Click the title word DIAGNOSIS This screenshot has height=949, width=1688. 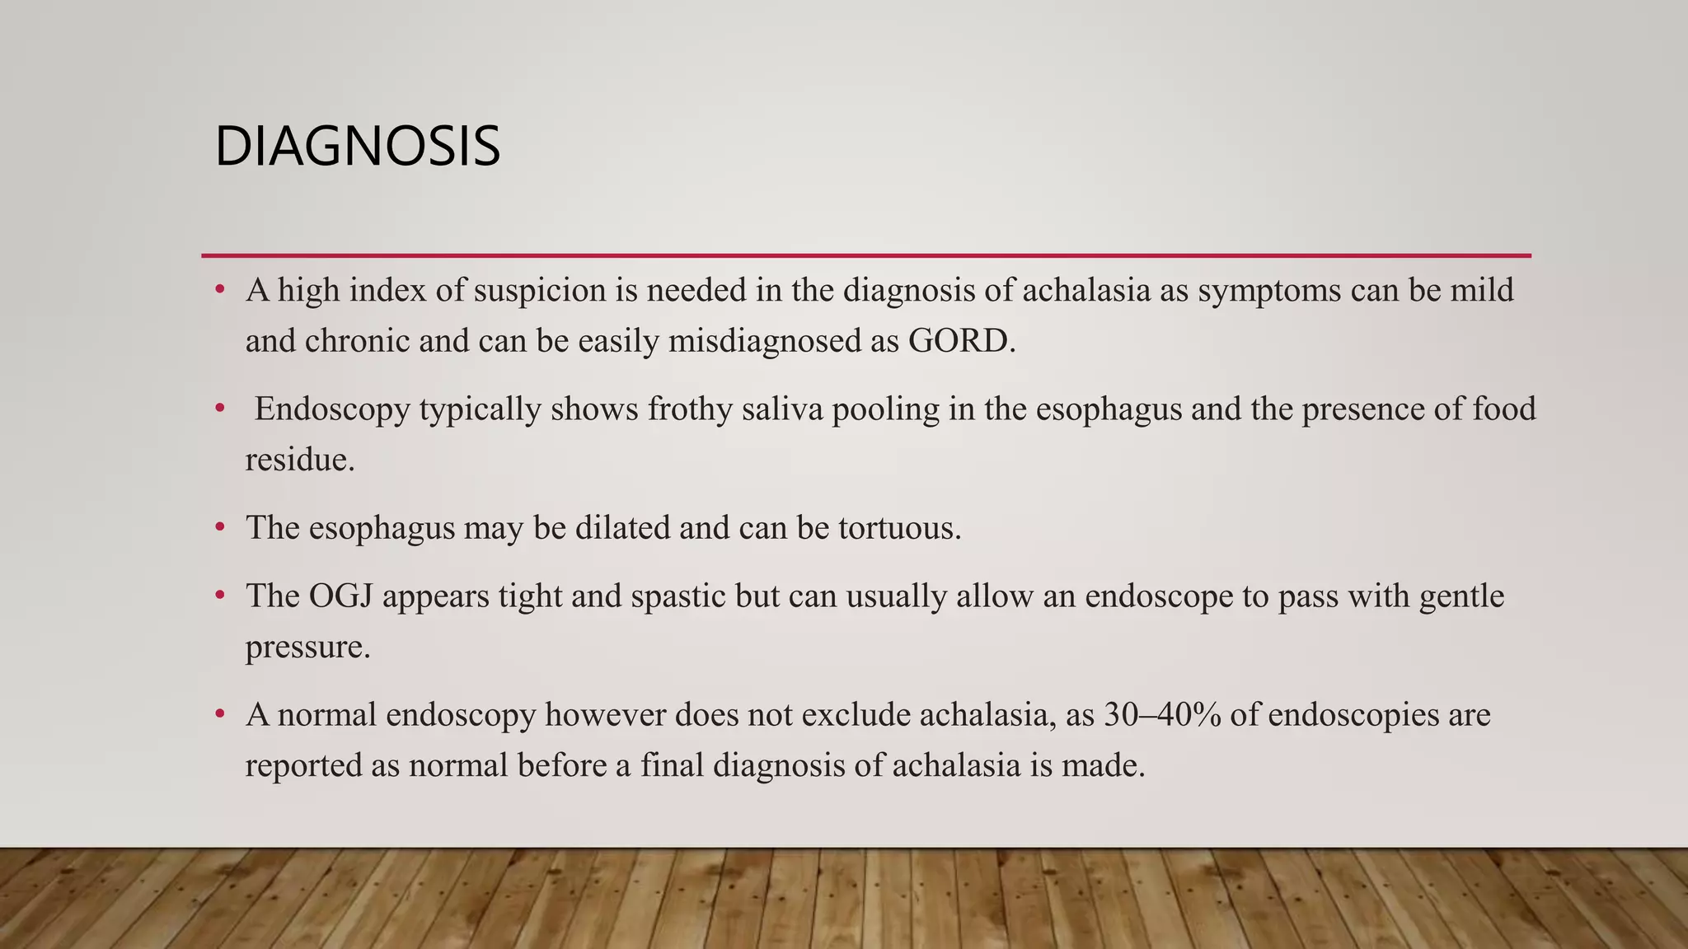pyautogui.click(x=357, y=147)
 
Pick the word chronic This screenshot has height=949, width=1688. pyautogui.click(x=358, y=341)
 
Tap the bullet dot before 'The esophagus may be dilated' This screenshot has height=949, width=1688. pyautogui.click(x=220, y=528)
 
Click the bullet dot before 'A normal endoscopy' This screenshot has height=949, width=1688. pyautogui.click(x=220, y=714)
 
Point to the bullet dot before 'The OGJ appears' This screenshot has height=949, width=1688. pyautogui.click(x=220, y=596)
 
